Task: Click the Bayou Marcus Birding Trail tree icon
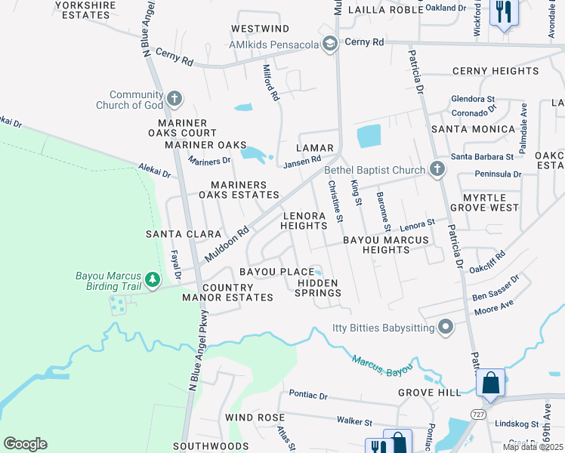(153, 280)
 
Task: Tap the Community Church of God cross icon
(174, 98)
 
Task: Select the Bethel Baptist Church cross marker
(437, 169)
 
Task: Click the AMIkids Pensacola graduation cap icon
(329, 44)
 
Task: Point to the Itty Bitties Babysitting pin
(446, 328)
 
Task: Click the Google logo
(25, 444)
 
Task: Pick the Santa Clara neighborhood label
(182, 234)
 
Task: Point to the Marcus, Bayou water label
(382, 365)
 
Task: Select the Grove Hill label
(429, 393)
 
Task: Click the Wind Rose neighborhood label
(255, 418)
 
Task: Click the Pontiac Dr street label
(308, 396)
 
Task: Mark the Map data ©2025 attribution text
(531, 447)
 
